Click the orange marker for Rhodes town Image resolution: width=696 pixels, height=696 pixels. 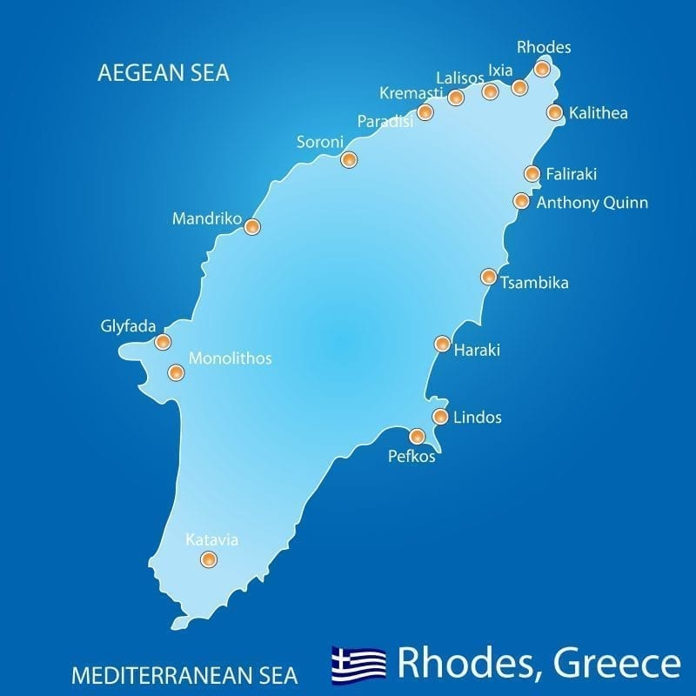[542, 69]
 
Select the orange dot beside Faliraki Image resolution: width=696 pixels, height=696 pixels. [532, 174]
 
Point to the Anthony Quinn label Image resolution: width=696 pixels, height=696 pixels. [592, 203]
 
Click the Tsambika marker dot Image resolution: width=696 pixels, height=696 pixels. [488, 278]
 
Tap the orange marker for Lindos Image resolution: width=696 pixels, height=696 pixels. [440, 417]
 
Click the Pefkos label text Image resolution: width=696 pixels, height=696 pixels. [412, 456]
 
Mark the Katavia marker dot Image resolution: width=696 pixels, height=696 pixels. [208, 559]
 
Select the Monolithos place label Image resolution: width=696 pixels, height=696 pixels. [231, 358]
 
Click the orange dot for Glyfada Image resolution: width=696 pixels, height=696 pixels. [162, 342]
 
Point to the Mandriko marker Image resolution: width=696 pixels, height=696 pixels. [251, 227]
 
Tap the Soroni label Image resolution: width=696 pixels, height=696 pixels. [320, 142]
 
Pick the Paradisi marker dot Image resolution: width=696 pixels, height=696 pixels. [425, 112]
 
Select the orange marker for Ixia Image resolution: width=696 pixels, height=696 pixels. [519, 88]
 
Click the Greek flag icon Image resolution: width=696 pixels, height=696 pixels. [358, 665]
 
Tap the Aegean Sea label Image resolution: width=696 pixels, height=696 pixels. [164, 74]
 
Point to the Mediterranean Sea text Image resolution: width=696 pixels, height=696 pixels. [184, 674]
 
